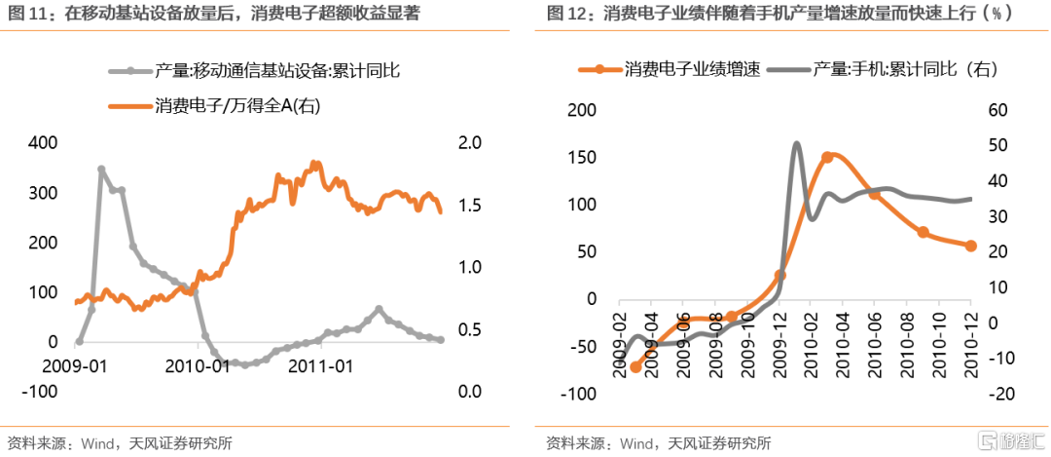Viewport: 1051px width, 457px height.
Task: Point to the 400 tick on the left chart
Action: (x=46, y=143)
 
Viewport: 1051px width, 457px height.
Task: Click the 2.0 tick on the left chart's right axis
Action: (x=469, y=143)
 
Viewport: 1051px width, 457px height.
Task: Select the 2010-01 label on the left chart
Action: (x=198, y=366)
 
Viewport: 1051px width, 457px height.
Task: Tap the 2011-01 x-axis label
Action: (x=320, y=366)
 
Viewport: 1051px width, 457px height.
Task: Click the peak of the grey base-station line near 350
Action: (x=101, y=170)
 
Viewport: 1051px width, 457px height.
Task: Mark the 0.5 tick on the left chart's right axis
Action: (x=469, y=329)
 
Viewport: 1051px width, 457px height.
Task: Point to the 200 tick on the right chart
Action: (x=581, y=110)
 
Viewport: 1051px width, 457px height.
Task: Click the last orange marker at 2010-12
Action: (x=970, y=246)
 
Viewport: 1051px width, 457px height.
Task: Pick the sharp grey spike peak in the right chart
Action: (x=796, y=144)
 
